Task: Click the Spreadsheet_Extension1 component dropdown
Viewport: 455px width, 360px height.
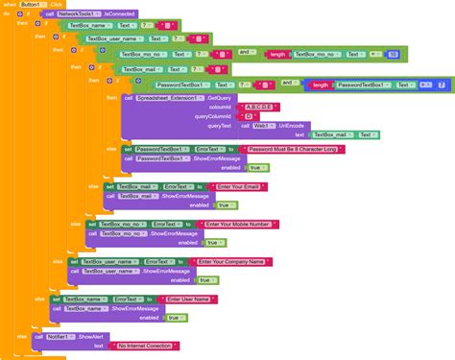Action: (170, 97)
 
